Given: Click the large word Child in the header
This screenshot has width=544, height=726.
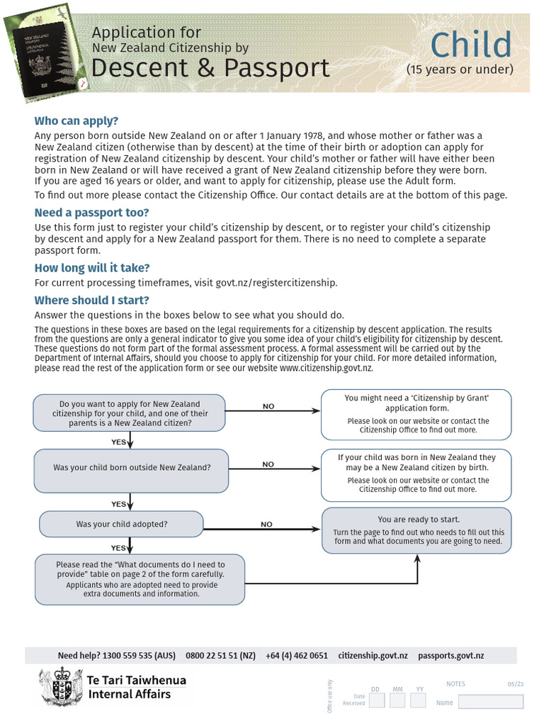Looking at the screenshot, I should (470, 45).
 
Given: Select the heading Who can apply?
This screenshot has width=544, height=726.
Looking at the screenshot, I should (76, 121).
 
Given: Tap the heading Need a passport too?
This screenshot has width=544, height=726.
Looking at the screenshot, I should (92, 213).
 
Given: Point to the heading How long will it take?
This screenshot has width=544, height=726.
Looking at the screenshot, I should (92, 267).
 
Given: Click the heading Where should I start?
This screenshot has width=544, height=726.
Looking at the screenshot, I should (92, 300).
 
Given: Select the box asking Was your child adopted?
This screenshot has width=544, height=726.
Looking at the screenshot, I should (121, 525).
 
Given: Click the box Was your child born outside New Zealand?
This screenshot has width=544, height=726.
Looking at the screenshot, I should (131, 467).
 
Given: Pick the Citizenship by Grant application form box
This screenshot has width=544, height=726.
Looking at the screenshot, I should (416, 414).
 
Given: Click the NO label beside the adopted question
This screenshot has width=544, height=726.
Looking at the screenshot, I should (266, 525).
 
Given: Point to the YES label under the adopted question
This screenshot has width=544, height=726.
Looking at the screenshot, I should (118, 548).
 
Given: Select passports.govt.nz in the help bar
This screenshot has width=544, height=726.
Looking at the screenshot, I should (450, 656).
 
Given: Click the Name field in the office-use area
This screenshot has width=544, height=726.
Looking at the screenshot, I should (490, 702).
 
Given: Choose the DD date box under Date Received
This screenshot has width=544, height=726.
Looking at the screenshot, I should (376, 700).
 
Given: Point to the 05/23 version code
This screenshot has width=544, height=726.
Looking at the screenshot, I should (515, 684).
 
